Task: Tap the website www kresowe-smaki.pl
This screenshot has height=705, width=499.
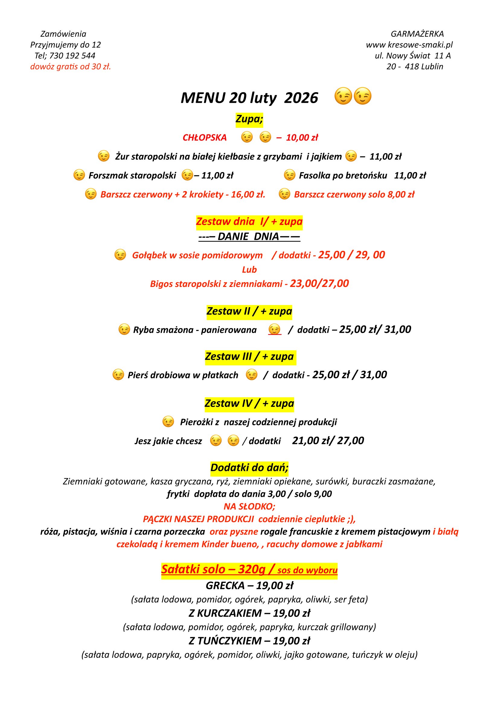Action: (x=409, y=45)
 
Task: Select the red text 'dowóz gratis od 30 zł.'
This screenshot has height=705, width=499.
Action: (x=70, y=67)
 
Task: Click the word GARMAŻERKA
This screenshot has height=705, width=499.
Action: (x=417, y=34)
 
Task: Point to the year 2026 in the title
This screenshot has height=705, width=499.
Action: (x=301, y=98)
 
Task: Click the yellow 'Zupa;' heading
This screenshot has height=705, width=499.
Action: (x=249, y=119)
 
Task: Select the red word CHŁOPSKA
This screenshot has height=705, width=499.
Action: (x=204, y=137)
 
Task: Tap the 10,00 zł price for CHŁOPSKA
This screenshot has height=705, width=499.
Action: (x=302, y=137)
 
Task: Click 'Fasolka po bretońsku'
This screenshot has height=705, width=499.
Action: (x=343, y=175)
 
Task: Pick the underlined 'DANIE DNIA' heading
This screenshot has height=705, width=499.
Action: (x=249, y=236)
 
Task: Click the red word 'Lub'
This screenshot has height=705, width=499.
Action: (x=249, y=269)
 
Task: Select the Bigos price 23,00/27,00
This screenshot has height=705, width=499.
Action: (x=319, y=283)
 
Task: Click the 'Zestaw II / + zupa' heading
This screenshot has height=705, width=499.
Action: (x=249, y=311)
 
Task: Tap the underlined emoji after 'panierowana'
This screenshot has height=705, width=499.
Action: (x=275, y=329)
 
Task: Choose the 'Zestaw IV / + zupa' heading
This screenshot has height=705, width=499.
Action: (x=249, y=404)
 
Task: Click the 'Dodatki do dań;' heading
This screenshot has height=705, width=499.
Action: (x=249, y=468)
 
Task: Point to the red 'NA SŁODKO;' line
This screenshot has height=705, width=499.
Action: (x=249, y=506)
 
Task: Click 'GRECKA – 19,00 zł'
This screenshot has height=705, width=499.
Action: (x=249, y=586)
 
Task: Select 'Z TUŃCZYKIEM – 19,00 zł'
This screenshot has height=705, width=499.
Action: (x=249, y=641)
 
